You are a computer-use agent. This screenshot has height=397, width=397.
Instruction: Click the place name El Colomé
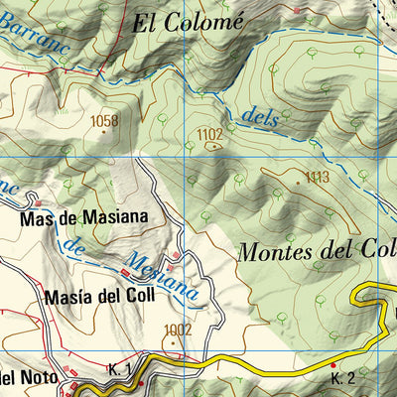coord(188,23)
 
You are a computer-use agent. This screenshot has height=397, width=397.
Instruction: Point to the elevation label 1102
coord(209,134)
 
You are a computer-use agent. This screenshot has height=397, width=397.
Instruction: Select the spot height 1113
coord(317,178)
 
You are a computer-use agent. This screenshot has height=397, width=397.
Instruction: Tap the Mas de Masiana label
coord(82,216)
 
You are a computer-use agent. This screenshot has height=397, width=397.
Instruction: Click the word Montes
coord(273,252)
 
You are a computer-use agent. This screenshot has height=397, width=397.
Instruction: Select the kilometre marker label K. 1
coord(120,369)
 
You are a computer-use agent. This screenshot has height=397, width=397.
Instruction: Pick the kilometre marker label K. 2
coord(342,378)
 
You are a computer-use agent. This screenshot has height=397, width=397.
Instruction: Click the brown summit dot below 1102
coord(211,145)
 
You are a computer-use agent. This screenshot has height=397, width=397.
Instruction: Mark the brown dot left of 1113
coord(297,182)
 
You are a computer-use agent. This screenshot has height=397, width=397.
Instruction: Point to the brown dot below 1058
coord(102,132)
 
